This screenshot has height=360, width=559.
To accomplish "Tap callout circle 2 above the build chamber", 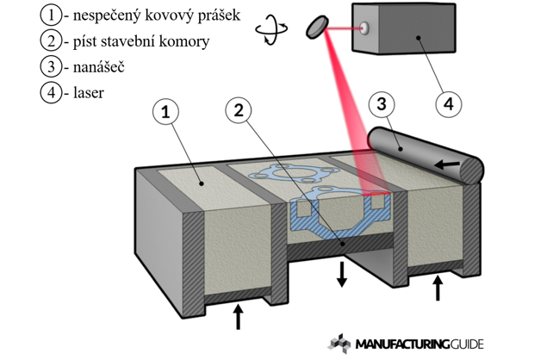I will [x=239, y=110].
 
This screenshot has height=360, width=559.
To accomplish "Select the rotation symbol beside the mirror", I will [x=272, y=28].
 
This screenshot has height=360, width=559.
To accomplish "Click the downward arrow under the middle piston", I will [x=343, y=275].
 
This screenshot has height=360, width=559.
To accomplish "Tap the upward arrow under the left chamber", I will [x=239, y=316].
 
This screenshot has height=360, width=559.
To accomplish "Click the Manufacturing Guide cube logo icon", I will [x=340, y=342].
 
